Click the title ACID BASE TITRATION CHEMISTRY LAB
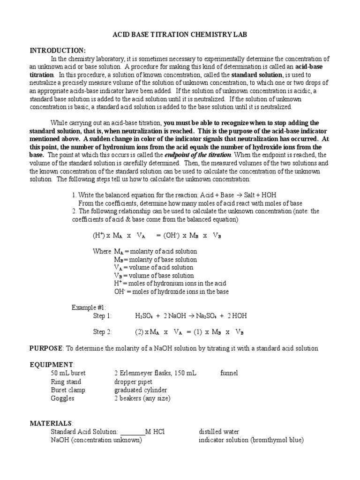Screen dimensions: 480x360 180,35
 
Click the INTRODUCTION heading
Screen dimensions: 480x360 58,50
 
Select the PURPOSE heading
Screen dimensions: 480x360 46,348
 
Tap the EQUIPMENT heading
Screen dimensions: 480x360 52,365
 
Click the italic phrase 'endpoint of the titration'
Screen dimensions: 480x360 203,155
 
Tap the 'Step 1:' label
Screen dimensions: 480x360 102,316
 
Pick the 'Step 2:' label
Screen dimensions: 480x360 102,332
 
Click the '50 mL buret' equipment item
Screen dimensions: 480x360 68,373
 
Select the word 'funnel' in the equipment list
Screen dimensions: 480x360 229,373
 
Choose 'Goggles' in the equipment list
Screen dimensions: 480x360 62,398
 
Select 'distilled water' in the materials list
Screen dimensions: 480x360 219,432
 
